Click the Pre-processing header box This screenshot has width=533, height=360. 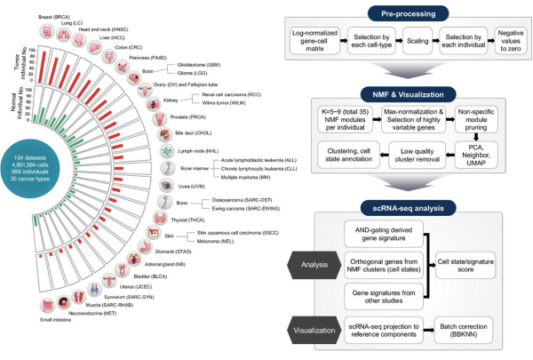397,14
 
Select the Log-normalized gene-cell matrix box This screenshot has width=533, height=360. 312,44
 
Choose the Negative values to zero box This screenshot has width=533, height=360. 508,44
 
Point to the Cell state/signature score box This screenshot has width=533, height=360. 481,265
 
